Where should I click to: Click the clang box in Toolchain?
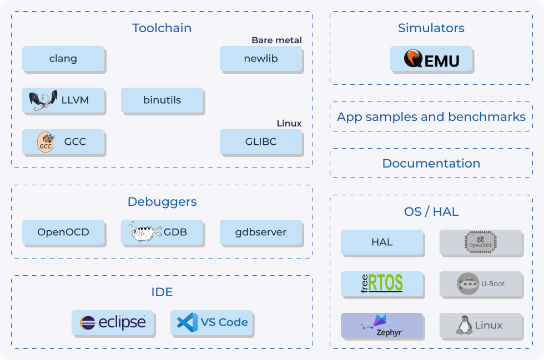coord(63,58)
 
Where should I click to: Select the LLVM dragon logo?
coord(43,100)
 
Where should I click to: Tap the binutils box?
coord(162,100)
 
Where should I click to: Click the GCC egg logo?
coord(46,141)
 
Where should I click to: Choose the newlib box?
coord(261,58)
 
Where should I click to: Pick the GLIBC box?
coord(261,141)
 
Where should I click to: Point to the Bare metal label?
coord(276,40)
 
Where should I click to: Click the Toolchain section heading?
coord(162,28)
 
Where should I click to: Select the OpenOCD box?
coord(63,232)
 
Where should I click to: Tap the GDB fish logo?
coord(146,232)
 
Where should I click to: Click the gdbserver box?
coord(261,232)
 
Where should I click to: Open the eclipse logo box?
coord(113,322)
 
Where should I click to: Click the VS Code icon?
coord(187,322)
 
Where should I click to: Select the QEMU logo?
coord(431,59)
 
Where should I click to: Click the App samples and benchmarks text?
coord(431,116)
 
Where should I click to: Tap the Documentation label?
coord(431,163)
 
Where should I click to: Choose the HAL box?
coord(382,242)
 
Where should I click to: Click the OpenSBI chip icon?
coord(481,242)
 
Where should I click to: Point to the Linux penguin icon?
coord(464,325)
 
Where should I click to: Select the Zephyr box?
coord(382,326)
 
